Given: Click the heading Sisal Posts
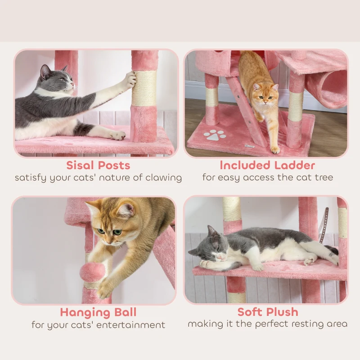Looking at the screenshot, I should [x=98, y=165].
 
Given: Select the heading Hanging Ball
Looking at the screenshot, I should [x=98, y=312].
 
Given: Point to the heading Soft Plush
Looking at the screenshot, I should [x=267, y=312].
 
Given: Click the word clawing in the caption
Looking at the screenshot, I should [x=163, y=177].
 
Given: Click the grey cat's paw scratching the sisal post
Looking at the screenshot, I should [x=129, y=80].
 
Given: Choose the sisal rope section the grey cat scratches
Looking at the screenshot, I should [x=144, y=88].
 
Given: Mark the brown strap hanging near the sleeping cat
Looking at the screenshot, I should [x=324, y=225].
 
